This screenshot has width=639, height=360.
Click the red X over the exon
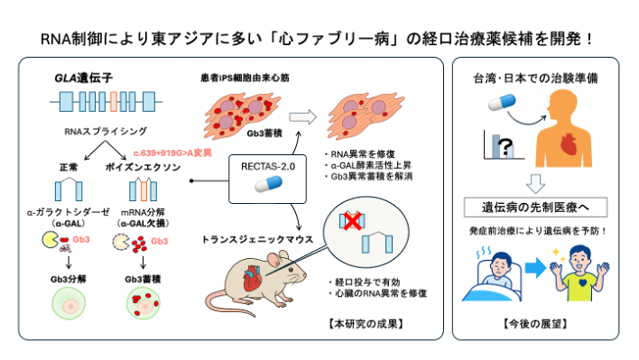353,220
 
